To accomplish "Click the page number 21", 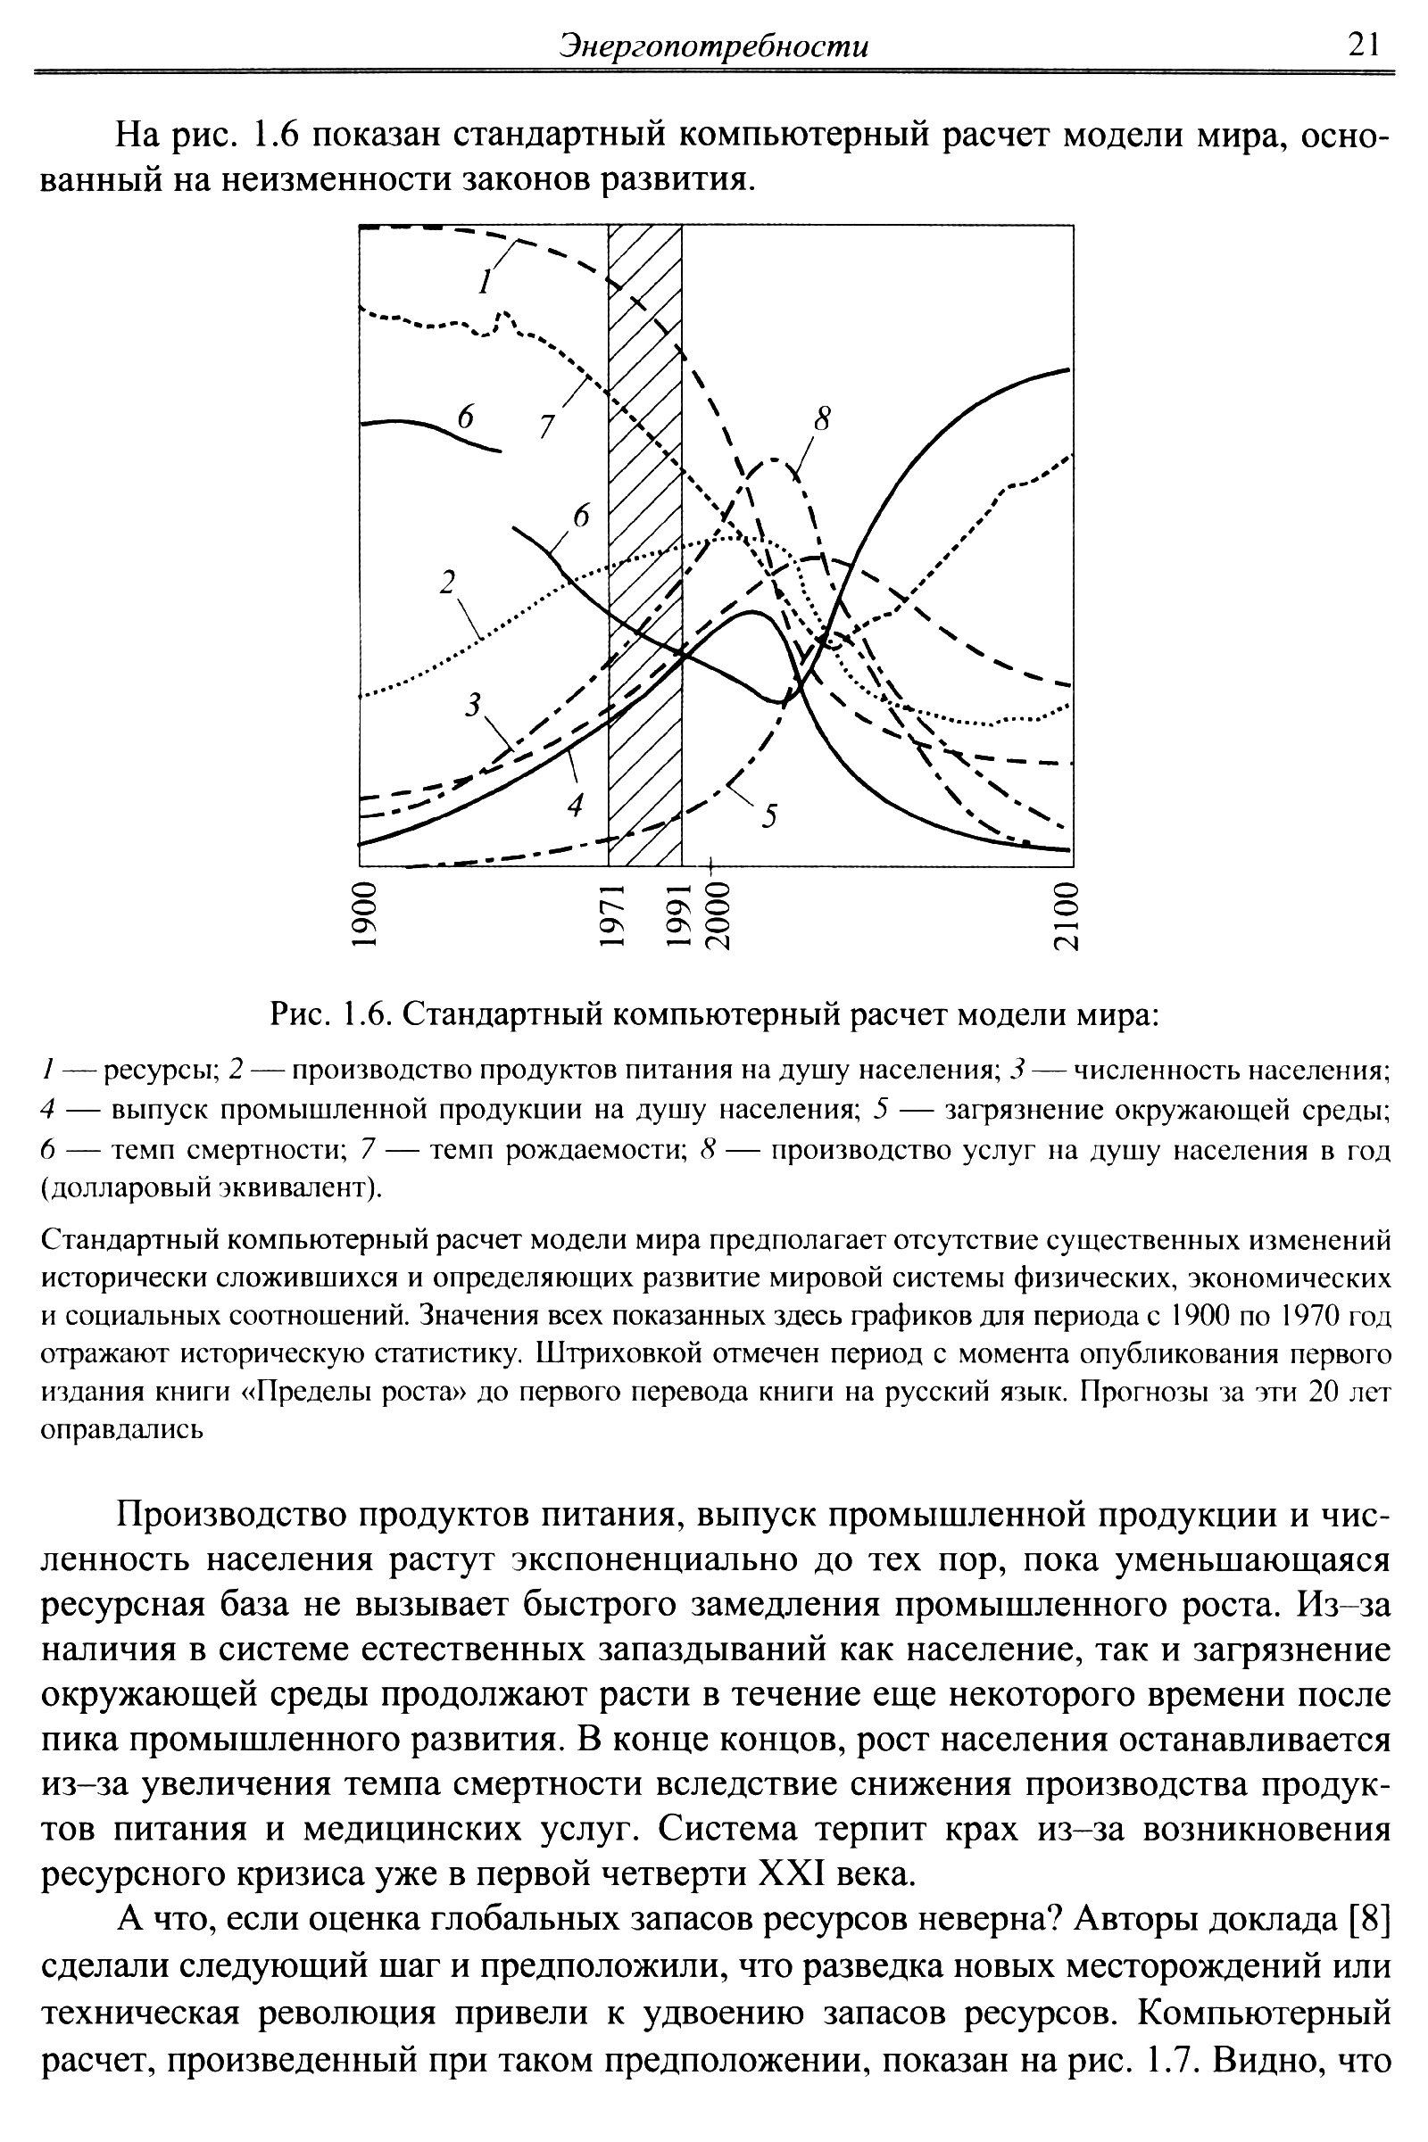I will [x=1363, y=45].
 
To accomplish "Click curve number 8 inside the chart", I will [x=822, y=418].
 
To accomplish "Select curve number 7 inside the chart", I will [x=546, y=426].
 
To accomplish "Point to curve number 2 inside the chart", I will [x=447, y=583].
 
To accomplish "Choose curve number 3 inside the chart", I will [x=473, y=704].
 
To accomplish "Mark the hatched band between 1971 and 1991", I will [x=644, y=546].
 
